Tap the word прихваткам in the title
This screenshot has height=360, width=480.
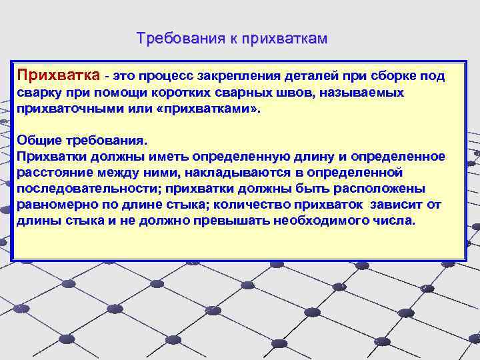click(285, 39)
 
